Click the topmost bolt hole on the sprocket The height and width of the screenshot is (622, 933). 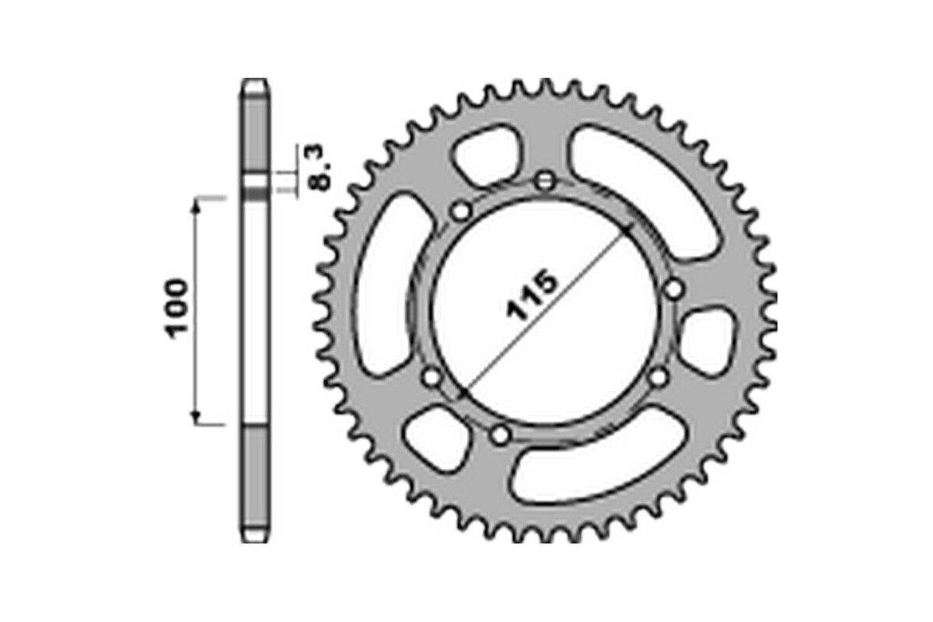point(545,181)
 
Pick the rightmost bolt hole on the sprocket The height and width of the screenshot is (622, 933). point(673,290)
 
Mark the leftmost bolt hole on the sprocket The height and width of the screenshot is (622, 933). point(432,378)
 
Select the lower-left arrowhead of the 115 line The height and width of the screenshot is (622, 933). point(461,393)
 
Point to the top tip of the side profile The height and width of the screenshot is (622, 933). point(255,79)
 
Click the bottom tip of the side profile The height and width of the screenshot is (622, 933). point(255,541)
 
